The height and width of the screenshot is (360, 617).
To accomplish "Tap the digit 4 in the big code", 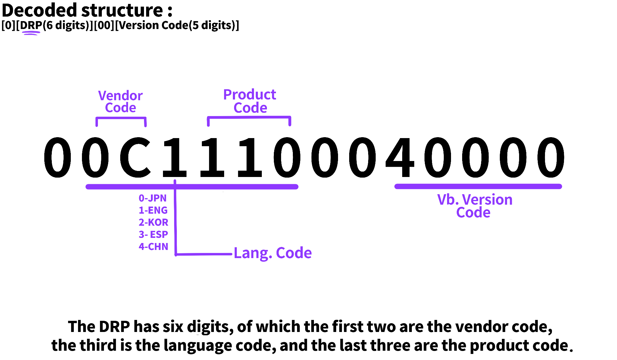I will pyautogui.click(x=400, y=157).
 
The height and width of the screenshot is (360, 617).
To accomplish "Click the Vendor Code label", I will pyautogui.click(x=121, y=102).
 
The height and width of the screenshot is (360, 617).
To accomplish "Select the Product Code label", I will pyautogui.click(x=250, y=101).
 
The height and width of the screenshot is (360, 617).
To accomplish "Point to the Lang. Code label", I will pyautogui.click(x=273, y=253).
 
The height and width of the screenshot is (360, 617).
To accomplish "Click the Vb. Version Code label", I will pyautogui.click(x=474, y=206).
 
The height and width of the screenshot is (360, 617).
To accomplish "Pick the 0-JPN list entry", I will pyautogui.click(x=152, y=198).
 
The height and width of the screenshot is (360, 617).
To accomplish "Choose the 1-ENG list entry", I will pyautogui.click(x=153, y=210).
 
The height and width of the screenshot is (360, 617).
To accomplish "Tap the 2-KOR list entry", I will pyautogui.click(x=153, y=222).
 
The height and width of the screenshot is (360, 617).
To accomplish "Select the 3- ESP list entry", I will pyautogui.click(x=153, y=234).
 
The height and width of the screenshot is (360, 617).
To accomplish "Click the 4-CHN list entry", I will pyautogui.click(x=153, y=247).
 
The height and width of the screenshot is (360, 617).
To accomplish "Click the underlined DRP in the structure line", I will pyautogui.click(x=31, y=25).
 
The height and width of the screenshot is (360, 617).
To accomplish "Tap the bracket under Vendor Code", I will pyautogui.click(x=121, y=118).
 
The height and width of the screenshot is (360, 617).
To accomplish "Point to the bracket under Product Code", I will pyautogui.click(x=249, y=117).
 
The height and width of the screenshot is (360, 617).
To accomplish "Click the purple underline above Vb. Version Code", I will pyautogui.click(x=478, y=187).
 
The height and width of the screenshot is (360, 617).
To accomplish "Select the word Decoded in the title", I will pyautogui.click(x=39, y=10).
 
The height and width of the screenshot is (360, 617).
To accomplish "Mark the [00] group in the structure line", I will pyautogui.click(x=104, y=25).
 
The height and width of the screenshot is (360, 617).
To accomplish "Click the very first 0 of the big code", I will pyautogui.click(x=58, y=157).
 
